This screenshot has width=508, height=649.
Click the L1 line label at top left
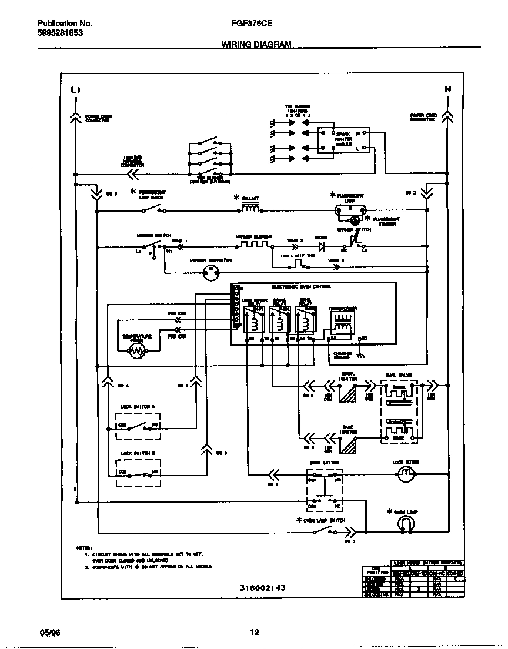tap(75, 90)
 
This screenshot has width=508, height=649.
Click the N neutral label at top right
tap(447, 89)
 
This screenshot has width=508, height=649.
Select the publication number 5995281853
tap(60, 34)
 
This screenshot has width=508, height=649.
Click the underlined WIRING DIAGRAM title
tap(256, 45)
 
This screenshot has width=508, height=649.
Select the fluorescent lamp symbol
tap(350, 208)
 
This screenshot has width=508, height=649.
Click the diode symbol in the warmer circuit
tap(321, 246)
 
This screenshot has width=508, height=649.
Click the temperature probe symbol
tap(136, 351)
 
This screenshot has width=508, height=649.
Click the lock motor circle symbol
tap(406, 476)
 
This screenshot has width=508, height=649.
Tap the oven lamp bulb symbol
tap(405, 525)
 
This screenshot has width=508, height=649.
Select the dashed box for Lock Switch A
tap(139, 425)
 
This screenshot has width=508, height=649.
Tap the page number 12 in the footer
tap(254, 633)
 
